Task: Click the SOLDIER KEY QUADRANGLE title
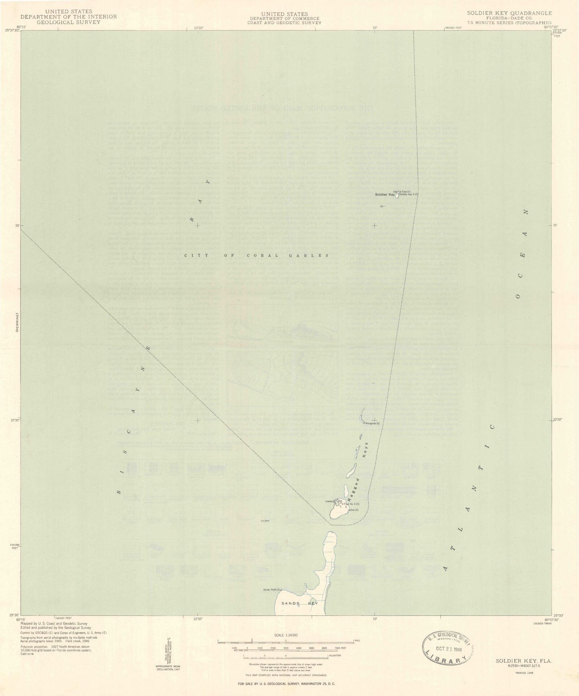point(509,13)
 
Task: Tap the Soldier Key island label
point(385,194)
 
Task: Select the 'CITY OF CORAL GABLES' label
point(257,255)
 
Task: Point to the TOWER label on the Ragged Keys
point(329,501)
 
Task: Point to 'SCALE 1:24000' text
point(286,635)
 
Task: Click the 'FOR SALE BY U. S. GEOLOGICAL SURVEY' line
point(285,683)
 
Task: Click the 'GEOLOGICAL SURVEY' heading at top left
point(69,22)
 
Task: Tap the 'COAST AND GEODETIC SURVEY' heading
point(285,23)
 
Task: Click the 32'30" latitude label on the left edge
point(14,420)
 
